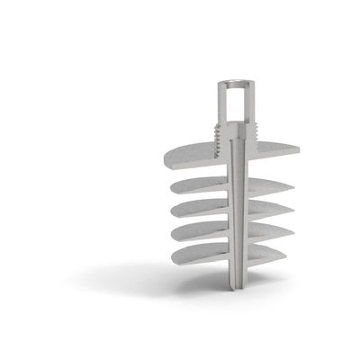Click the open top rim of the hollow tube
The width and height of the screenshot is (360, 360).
[234, 85]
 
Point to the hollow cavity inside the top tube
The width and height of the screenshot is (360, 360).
[234, 103]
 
